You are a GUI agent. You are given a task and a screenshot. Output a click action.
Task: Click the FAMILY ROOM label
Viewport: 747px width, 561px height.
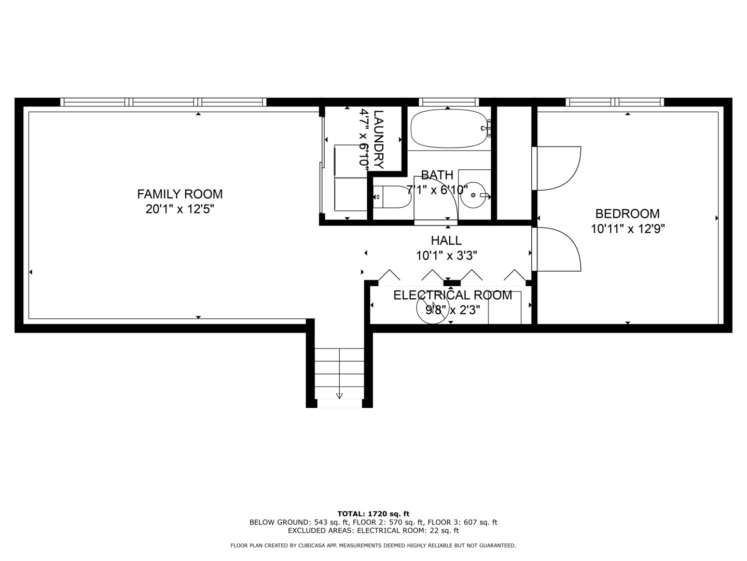[x=179, y=194]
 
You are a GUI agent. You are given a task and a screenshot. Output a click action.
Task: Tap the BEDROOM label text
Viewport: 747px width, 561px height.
[x=627, y=213]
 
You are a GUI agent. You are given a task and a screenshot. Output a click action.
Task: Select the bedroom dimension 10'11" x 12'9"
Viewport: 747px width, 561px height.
[x=628, y=229]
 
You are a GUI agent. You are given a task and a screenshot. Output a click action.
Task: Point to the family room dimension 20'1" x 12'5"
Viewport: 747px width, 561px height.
[x=179, y=209]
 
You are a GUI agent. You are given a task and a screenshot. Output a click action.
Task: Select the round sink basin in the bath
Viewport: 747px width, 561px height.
[x=474, y=195]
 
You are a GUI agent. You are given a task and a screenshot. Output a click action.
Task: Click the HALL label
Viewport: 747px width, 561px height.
[x=446, y=241]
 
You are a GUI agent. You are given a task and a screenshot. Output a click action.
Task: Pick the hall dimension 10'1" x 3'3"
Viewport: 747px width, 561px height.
[x=446, y=255]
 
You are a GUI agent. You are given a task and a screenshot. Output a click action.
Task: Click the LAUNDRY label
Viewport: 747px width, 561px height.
[x=379, y=139]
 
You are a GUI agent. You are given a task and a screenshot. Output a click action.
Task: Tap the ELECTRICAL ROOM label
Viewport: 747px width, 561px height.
[x=453, y=295]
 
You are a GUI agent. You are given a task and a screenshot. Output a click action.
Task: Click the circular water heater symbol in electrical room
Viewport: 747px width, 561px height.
[x=432, y=308]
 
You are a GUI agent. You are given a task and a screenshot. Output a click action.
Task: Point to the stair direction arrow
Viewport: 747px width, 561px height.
[x=339, y=396]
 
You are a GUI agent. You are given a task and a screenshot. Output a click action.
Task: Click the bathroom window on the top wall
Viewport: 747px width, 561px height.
[x=449, y=102]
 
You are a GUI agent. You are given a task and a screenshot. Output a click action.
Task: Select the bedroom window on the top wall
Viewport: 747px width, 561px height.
[x=615, y=102]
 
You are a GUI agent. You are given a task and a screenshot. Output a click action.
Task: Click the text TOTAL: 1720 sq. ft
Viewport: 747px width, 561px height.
[x=374, y=514]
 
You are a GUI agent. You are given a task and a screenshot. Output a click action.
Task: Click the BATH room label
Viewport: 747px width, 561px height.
[x=437, y=175]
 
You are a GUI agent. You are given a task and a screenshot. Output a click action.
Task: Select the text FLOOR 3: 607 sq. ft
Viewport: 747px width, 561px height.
[x=462, y=522]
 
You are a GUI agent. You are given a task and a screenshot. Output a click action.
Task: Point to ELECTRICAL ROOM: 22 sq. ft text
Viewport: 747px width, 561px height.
[x=408, y=530]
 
